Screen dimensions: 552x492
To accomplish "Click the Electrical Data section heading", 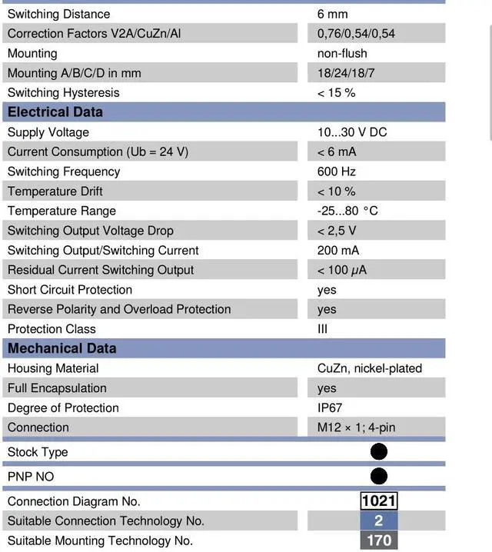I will click(55, 112).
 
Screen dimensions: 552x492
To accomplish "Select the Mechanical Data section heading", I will click(61, 348).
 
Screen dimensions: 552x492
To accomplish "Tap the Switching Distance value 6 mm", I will click(332, 14).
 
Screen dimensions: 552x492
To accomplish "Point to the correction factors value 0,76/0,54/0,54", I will click(356, 34).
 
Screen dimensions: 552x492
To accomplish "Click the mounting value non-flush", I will click(342, 54).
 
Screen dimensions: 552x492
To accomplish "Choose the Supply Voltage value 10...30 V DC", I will click(352, 132).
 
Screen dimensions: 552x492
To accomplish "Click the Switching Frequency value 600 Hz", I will click(336, 171).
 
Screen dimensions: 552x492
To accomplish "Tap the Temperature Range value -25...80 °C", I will click(347, 211).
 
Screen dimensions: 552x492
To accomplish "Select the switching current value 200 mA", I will click(338, 251).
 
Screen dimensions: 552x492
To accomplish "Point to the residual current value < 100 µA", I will click(341, 270).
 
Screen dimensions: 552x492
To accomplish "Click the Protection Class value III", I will click(322, 329).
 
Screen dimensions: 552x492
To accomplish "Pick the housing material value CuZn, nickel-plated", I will click(370, 368).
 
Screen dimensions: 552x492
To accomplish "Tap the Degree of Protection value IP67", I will click(330, 407).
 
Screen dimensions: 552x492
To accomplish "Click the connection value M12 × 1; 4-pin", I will click(357, 427).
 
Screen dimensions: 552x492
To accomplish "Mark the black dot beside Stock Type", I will click(379, 452).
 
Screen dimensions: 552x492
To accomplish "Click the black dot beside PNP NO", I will click(379, 477).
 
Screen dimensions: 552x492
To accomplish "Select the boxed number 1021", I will click(379, 501).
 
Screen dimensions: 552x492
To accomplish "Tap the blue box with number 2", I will click(379, 521).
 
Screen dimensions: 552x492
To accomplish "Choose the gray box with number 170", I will click(379, 540).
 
